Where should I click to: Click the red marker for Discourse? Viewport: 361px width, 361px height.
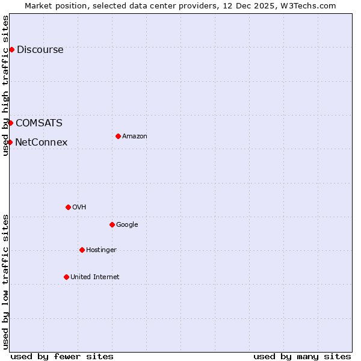click(11, 49)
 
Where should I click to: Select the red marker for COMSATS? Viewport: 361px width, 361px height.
click(10, 123)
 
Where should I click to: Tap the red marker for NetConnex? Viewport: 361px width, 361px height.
click(10, 142)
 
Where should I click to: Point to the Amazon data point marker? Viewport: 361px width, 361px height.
click(118, 136)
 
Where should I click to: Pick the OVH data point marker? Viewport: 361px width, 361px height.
click(68, 207)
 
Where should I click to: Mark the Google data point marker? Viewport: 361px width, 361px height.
click(112, 224)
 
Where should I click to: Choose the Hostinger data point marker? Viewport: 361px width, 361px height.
click(82, 250)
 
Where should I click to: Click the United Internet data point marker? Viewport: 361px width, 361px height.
click(66, 277)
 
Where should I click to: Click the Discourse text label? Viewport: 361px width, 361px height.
click(40, 50)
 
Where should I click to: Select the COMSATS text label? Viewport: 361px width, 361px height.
click(39, 123)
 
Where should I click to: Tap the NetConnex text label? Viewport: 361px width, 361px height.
click(41, 143)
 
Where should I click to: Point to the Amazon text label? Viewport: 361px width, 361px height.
click(135, 137)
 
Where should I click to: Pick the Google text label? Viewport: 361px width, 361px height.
click(127, 225)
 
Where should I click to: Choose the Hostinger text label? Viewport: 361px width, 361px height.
click(101, 250)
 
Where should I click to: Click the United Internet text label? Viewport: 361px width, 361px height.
click(94, 277)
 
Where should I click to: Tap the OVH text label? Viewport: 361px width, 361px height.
click(79, 208)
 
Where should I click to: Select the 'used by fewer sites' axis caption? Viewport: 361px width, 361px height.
click(62, 356)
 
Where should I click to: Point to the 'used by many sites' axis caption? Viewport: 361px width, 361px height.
click(302, 356)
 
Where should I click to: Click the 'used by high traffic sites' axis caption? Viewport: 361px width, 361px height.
click(6, 85)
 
